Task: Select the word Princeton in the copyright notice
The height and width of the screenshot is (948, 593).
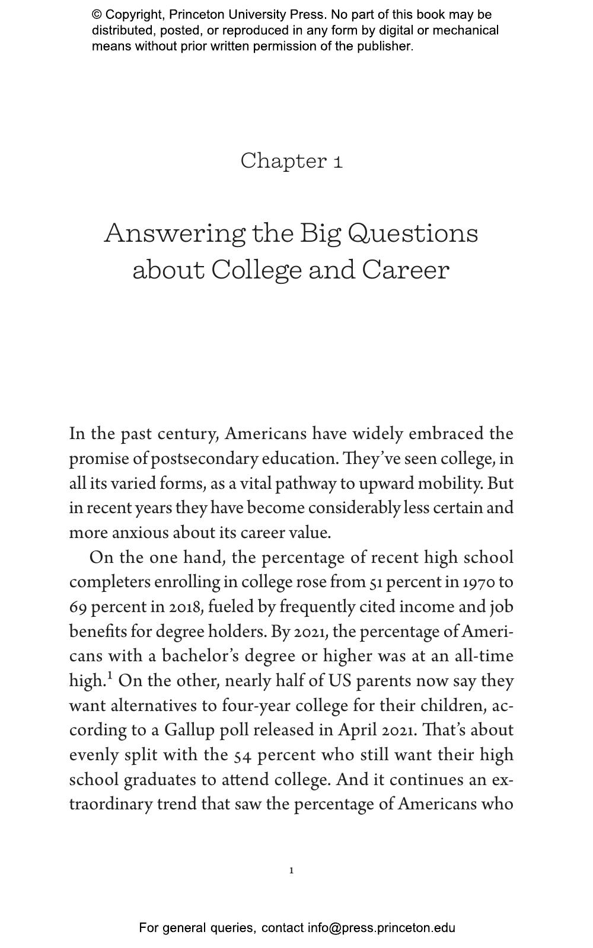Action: [193, 15]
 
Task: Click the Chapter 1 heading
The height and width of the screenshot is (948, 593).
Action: [291, 161]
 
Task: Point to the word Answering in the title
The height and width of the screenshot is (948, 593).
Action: [174, 233]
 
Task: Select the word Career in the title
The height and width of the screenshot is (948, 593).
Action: [406, 270]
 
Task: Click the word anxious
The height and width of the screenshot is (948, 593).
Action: [140, 533]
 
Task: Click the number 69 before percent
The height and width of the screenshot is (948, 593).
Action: [78, 607]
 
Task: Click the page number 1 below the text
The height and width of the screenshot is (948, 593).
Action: [291, 870]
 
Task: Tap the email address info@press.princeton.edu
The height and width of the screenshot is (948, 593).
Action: [381, 928]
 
